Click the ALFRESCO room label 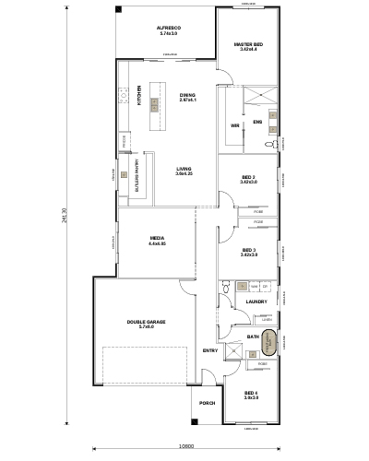[x=168, y=29]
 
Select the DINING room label [x=187, y=95]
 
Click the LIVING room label [x=184, y=169]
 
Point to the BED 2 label [x=248, y=177]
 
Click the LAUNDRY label [x=256, y=301]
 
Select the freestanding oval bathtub [x=270, y=343]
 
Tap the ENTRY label [x=209, y=351]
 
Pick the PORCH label [x=206, y=403]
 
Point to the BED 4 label [x=250, y=395]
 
